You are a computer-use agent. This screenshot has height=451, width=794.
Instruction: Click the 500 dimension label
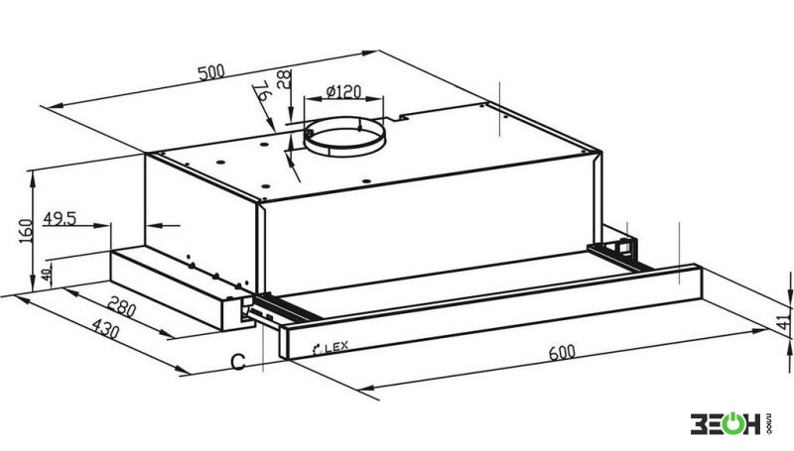tap(210, 72)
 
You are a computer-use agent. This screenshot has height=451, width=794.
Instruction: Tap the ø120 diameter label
tap(343, 92)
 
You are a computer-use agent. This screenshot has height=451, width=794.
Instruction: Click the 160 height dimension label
tap(26, 231)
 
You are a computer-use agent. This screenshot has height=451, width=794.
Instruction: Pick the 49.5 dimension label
tap(60, 219)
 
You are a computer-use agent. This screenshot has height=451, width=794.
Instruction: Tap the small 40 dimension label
tap(46, 276)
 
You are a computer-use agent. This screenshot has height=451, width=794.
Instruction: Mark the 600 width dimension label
tap(562, 352)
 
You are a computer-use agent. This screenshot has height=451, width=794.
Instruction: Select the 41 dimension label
tap(783, 321)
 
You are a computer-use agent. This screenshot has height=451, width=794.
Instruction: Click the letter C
tap(238, 362)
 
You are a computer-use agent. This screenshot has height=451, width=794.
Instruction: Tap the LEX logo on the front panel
tap(331, 348)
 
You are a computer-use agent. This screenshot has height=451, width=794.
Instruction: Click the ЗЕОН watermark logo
tap(730, 423)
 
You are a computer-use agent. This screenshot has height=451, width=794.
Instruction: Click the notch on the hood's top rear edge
tap(395, 118)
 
